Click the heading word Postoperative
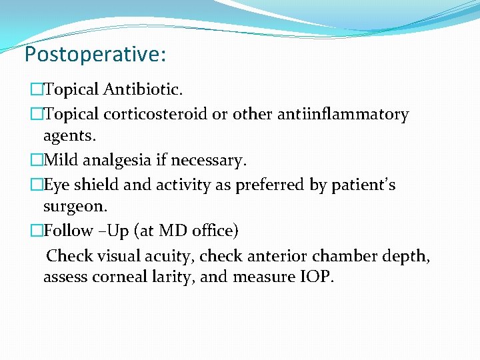[x=93, y=54]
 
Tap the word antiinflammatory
[x=321, y=115]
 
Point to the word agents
[x=69, y=135]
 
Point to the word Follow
[x=67, y=231]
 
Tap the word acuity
[x=169, y=255]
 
